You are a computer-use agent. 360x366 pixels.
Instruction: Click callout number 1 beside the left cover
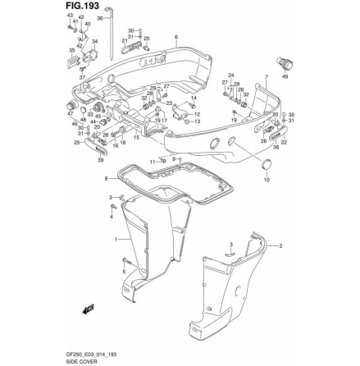coord(116,238)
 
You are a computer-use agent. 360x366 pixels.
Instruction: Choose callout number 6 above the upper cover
coord(175,36)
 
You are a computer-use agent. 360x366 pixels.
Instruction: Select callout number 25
coord(77,141)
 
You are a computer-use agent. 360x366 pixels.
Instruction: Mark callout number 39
coord(99,160)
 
